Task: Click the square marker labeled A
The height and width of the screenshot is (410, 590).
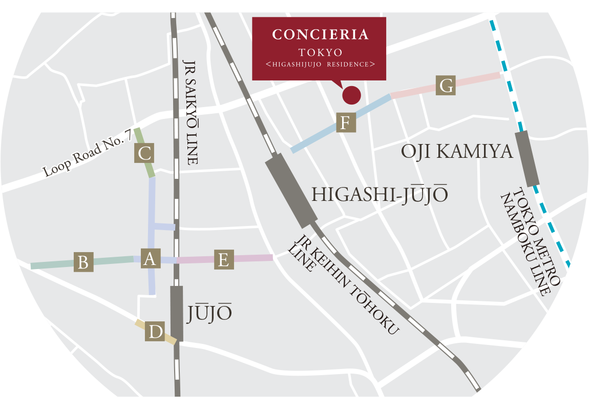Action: (149, 259)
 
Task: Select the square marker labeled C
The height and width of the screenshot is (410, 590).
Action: (144, 153)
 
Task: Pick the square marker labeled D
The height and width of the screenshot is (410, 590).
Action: (155, 332)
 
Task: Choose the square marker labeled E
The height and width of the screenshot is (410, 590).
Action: (223, 259)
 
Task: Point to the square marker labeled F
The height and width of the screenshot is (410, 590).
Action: (346, 123)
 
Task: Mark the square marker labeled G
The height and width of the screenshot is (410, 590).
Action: (446, 86)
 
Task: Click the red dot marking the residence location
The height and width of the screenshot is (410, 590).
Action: (351, 95)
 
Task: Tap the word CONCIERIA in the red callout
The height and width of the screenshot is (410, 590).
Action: (321, 35)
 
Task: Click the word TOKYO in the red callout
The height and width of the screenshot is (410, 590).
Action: (321, 52)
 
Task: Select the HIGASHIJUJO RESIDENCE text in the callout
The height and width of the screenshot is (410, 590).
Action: (321, 65)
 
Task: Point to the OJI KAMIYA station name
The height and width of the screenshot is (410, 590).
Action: (457, 152)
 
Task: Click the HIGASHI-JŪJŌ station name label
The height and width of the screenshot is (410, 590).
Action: (380, 195)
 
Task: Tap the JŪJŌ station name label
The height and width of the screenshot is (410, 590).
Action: (209, 313)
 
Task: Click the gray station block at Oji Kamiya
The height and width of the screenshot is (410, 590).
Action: (528, 158)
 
